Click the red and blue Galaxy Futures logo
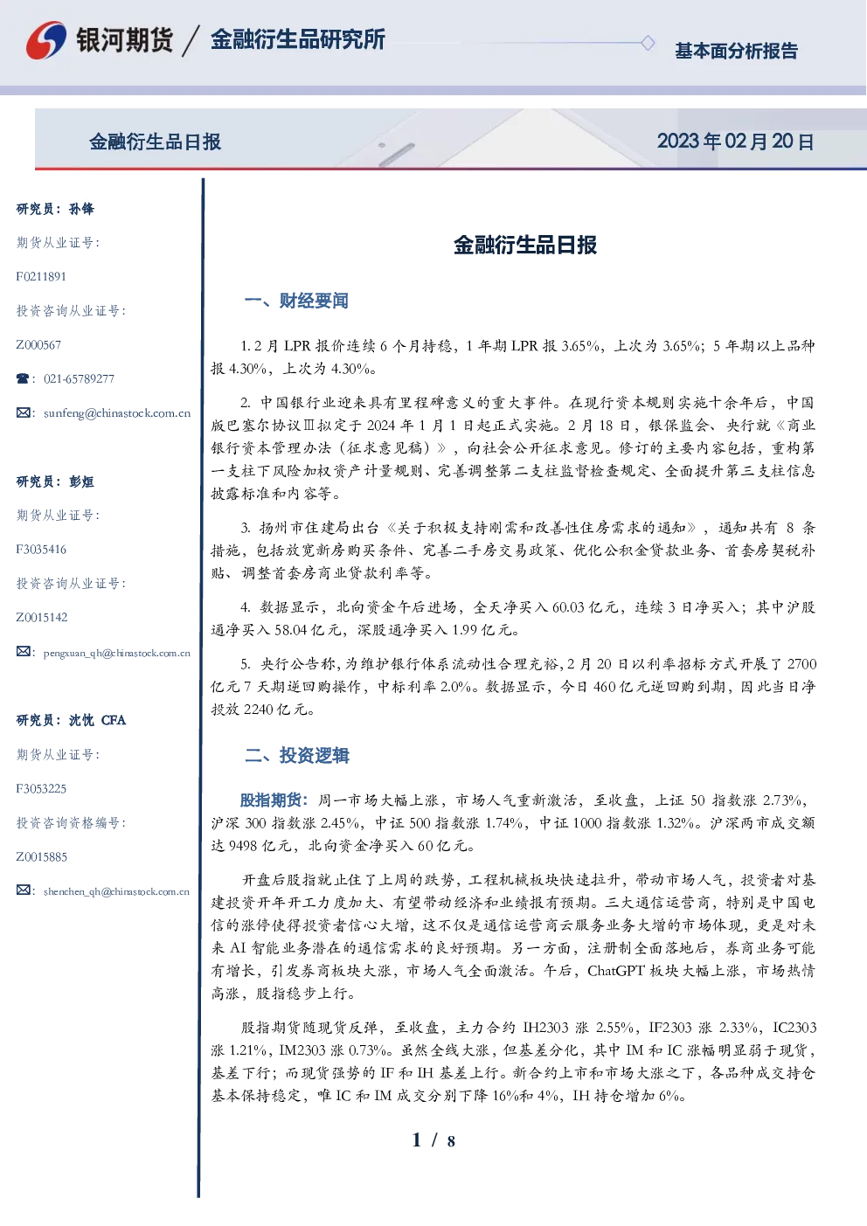pos(46,39)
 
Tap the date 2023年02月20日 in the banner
pos(735,142)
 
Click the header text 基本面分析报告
pos(736,51)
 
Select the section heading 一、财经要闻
pos(296,301)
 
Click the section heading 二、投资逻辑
pos(296,755)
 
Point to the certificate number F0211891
pos(41,276)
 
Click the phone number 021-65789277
pos(80,378)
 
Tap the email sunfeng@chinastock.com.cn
pos(117,413)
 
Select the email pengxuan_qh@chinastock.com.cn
pos(117,653)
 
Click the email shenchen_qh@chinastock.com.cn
pos(116,891)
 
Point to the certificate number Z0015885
pos(42,857)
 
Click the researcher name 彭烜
pos(81,481)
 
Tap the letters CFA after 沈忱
pos(114,720)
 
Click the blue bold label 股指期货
pos(270,800)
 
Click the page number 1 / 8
pos(433,1140)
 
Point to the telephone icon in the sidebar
pos(23,378)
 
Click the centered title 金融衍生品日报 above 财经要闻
pos(525,245)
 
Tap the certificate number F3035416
pos(41,550)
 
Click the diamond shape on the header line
pos(648,43)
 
